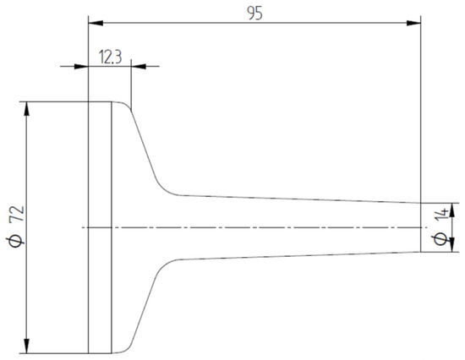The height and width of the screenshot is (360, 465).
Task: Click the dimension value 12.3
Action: [111, 57]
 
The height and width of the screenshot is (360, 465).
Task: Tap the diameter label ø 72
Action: [14, 227]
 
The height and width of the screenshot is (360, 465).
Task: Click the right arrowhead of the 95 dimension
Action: [415, 23]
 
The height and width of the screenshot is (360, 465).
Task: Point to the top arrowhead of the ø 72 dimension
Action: [29, 109]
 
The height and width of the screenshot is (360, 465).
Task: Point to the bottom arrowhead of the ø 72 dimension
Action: [29, 346]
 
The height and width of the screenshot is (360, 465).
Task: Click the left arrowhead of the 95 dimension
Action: [95, 23]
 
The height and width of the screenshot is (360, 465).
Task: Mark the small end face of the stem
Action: [421, 226]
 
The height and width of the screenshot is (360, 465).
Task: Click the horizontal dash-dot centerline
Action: [254, 227]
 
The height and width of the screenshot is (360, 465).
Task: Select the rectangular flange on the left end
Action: [100, 227]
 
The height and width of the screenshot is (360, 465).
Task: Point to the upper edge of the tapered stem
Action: [296, 199]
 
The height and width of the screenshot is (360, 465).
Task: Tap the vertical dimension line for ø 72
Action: [29, 169]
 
